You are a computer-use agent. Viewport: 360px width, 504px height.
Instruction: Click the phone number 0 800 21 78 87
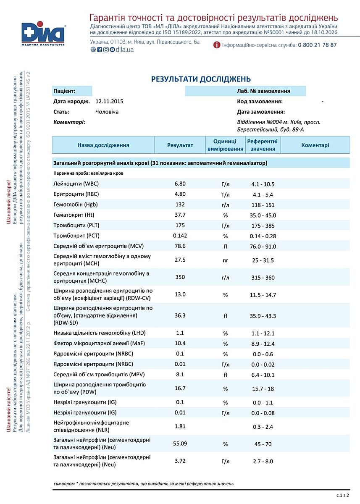pos(317,45)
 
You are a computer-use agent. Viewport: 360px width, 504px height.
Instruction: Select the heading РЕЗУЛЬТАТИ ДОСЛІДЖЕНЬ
pos(201,79)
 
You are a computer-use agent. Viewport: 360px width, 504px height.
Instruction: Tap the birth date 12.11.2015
pos(109,102)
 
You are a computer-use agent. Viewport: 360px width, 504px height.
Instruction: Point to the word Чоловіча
pos(107,112)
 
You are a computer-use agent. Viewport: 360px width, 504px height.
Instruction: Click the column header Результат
pos(180,145)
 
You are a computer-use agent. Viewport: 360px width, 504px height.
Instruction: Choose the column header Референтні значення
pos(263,145)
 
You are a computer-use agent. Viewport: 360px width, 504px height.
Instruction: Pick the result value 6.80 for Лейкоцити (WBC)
pos(180,184)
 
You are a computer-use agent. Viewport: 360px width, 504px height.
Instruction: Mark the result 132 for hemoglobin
pos(180,205)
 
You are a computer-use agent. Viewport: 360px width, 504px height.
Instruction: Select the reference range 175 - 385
pos(263,226)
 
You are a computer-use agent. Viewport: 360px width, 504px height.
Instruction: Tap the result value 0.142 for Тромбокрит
pos(180,236)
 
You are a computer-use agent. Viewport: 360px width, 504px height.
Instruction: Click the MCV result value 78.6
pos(180,246)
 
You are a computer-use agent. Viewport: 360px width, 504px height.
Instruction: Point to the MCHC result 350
pos(180,277)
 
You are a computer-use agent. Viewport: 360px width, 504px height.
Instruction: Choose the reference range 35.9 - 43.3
pos(263,315)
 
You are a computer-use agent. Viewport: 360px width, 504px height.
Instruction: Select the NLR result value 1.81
pos(180,427)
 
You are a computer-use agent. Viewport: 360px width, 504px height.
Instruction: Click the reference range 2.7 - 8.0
pos(263,461)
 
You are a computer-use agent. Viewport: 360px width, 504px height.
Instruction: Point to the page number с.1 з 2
pos(342,496)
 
